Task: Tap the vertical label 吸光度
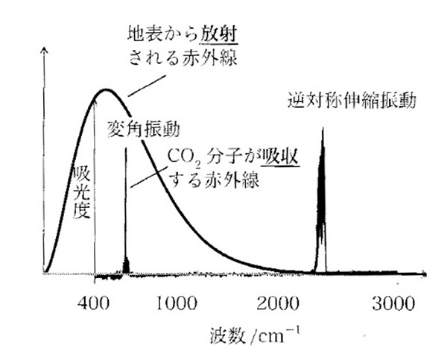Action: [x=83, y=192]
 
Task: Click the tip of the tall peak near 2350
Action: [x=322, y=129]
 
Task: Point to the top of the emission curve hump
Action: [x=107, y=90]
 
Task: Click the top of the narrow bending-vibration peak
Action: [x=125, y=148]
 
